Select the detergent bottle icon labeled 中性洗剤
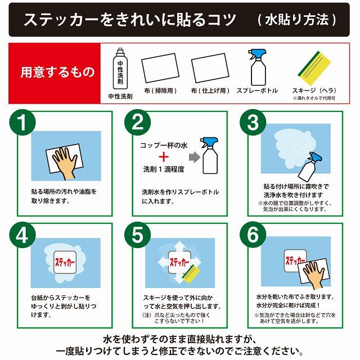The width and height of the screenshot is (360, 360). coord(120,70)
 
